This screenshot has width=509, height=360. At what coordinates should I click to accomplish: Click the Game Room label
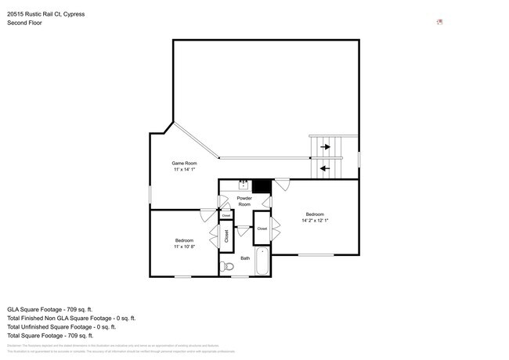click(x=184, y=163)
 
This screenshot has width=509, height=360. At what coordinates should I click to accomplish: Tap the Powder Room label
click(x=244, y=201)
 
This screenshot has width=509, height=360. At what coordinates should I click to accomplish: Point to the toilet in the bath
click(x=228, y=268)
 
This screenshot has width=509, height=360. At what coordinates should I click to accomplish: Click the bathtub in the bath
click(x=262, y=262)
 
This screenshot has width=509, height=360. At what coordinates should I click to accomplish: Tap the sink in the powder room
click(x=244, y=185)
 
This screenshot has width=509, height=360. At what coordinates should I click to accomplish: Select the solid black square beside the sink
click(x=262, y=185)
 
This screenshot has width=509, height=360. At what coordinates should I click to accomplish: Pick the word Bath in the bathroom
click(x=245, y=257)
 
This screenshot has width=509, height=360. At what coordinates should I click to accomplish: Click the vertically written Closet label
click(x=226, y=236)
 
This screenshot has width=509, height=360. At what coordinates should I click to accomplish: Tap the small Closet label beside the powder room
click(x=226, y=214)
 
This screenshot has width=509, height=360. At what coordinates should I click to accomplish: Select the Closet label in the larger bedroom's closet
click(x=262, y=229)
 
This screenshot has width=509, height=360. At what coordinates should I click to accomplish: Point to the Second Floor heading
click(x=25, y=23)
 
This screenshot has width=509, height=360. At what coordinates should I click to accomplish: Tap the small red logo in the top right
click(x=440, y=21)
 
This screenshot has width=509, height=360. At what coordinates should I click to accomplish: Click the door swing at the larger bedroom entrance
click(x=281, y=185)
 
